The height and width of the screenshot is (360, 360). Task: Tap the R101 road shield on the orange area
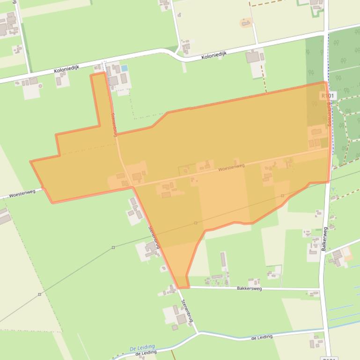point(328,95)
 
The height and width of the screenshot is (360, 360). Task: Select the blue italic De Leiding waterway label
point(142,348)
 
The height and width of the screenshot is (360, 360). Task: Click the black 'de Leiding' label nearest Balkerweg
point(262,337)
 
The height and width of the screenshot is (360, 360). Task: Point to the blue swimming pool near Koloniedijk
point(124,68)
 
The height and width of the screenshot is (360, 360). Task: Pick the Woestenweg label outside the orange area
point(22,192)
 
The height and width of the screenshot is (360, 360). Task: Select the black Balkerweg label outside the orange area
point(324,239)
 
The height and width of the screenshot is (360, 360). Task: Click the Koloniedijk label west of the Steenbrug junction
point(66,70)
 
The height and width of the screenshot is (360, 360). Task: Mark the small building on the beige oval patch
point(245,22)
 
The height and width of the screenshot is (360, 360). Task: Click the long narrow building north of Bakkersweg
point(223,260)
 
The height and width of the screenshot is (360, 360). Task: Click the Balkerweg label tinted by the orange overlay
point(329,115)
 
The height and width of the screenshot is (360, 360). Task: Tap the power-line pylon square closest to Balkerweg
point(282,195)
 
